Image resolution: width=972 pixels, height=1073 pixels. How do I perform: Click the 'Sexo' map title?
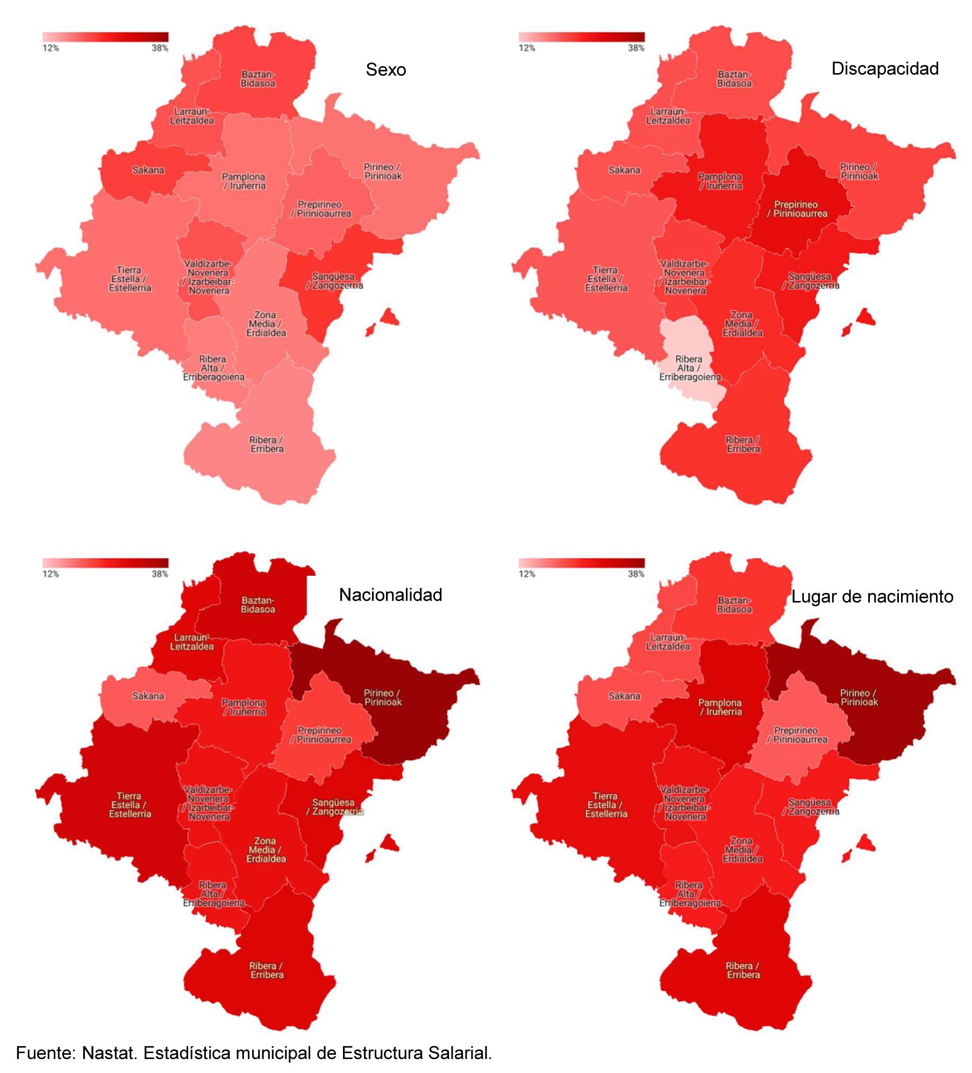(385, 70)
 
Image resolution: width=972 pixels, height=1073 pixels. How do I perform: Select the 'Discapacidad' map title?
(885, 69)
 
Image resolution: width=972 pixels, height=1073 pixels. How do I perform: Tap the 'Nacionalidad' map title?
(390, 595)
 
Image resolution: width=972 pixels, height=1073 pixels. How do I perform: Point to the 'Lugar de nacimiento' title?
(872, 597)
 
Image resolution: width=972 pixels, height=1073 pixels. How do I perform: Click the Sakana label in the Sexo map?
(148, 170)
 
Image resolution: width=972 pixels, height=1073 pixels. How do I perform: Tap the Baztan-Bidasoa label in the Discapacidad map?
(734, 79)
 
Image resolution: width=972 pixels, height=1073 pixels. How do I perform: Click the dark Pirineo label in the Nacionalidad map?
(383, 697)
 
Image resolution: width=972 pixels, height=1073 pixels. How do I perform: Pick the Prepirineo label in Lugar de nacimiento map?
(797, 735)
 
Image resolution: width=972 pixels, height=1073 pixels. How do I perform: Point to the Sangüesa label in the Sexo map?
(334, 281)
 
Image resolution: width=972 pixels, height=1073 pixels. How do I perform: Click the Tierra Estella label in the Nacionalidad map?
(130, 805)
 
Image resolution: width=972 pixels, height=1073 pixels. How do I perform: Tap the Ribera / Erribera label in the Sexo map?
(267, 445)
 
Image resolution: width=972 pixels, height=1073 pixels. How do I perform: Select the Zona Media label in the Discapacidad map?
(742, 324)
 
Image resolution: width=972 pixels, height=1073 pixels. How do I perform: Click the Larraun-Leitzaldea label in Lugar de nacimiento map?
(668, 642)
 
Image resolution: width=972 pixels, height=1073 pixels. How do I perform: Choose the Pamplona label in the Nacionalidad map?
(244, 707)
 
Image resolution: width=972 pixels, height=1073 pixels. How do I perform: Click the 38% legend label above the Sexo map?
(160, 48)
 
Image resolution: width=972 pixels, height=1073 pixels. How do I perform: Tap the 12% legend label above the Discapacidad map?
(527, 48)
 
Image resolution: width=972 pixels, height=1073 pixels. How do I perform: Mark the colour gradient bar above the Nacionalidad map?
(105, 563)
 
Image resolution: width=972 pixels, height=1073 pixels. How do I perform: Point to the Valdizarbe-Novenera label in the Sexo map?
(209, 277)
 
